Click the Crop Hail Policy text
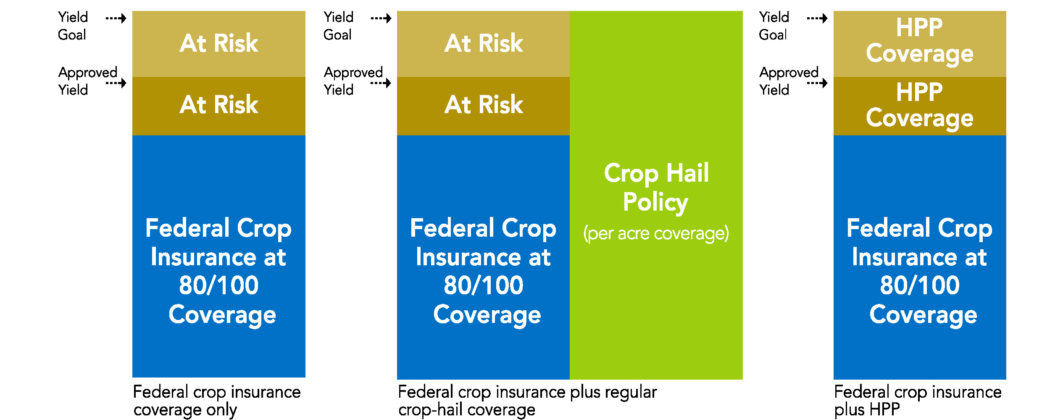656,188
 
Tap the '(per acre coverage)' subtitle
656,234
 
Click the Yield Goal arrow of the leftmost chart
116,18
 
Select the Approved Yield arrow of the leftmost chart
116,83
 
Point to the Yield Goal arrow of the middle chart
381,18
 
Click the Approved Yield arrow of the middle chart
381,83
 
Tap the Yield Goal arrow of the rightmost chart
817,18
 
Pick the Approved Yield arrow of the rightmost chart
817,83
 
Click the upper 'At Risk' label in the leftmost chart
219,43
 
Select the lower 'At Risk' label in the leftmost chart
219,105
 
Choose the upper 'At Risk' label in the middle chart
484,43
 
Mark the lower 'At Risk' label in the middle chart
484,105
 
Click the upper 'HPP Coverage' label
920,41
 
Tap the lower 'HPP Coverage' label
920,106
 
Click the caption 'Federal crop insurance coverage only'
217,401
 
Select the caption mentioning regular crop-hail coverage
527,401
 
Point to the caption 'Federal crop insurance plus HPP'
918,401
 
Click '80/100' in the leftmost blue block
219,285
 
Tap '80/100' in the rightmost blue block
920,285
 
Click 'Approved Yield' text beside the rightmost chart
789,81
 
